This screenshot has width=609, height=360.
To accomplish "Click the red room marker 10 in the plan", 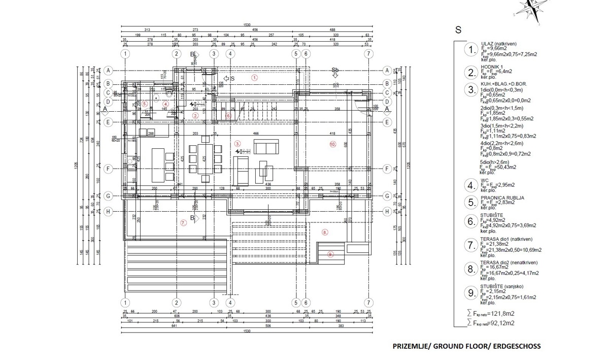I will coord(333,145).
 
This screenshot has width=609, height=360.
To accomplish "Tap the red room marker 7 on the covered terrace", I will coord(184,222).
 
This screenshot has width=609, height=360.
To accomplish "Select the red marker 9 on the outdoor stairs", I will coord(330,254).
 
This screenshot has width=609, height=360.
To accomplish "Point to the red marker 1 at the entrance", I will coord(255,78).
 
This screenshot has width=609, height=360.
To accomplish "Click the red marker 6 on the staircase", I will coord(228,116).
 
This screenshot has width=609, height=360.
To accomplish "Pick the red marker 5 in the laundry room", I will coord(145,104).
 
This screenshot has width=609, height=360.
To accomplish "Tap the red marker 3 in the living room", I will coord(238,144).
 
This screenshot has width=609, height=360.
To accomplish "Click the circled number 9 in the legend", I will coord(471,292).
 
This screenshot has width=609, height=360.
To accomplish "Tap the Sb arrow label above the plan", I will coord(335,70).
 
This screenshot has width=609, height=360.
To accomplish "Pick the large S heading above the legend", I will coord(458,30).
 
